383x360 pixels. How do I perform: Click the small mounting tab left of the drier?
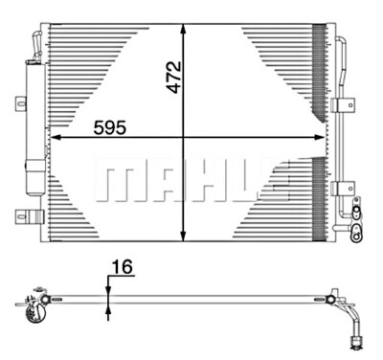click(x=19, y=102)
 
